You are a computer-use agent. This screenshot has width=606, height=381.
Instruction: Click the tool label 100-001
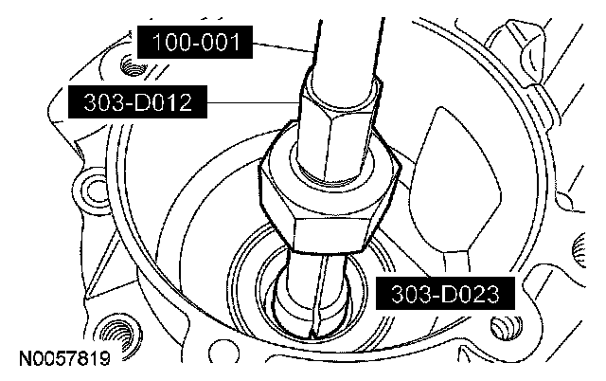coord(195,42)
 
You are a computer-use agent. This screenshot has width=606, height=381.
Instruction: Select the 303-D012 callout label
coord(137,102)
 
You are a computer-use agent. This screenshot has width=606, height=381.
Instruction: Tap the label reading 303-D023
coord(445,294)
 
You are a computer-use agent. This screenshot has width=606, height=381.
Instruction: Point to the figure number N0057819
coord(64,358)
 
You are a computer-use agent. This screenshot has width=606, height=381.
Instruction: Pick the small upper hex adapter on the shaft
coord(338,128)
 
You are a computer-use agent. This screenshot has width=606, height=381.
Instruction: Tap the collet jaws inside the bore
coord(317,294)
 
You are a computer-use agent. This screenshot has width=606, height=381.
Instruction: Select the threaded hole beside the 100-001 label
coord(133,65)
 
